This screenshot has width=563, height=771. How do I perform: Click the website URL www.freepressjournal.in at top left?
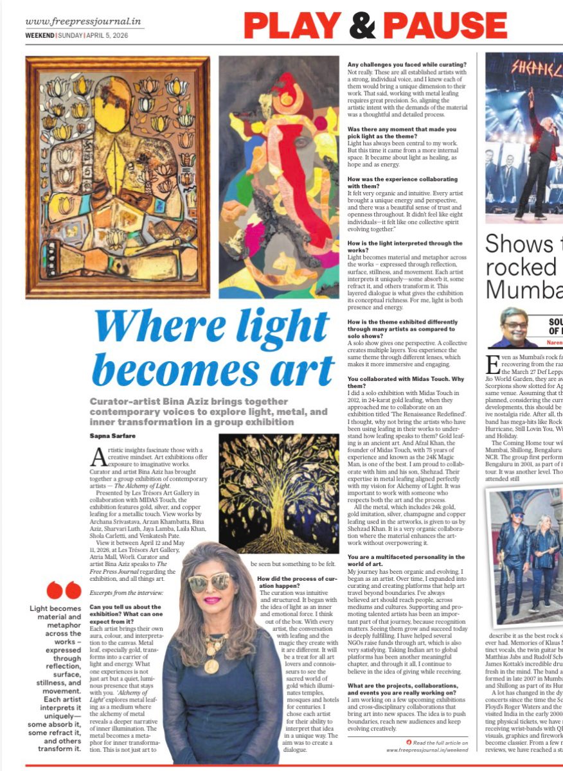(84, 22)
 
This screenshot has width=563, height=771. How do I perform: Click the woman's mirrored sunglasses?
(211, 581)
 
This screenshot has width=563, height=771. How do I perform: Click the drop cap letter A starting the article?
(98, 458)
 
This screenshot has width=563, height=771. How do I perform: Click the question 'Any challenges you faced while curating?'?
(407, 64)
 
